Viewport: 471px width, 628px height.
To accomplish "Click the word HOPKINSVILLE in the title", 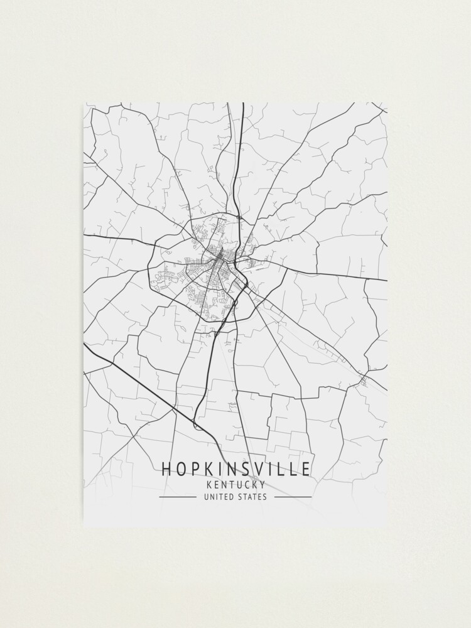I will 235,469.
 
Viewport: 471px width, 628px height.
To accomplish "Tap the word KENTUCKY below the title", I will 235,484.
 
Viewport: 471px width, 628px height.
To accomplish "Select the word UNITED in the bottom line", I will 217,497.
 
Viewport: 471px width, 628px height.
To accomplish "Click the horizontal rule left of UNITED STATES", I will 177,497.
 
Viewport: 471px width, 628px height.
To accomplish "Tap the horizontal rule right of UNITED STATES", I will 293,497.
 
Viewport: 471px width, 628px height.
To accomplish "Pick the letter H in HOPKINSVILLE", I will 166,469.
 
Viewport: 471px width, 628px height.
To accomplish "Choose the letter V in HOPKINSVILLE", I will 258,469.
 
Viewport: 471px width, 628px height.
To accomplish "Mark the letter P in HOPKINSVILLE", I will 193,469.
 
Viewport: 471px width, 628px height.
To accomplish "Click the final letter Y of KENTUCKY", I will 262,484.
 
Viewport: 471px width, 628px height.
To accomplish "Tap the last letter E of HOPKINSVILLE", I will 306,469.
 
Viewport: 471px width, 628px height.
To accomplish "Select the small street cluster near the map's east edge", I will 364,379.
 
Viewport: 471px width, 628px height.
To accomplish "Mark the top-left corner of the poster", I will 84,103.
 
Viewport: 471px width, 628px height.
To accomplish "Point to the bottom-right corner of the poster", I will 387,526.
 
